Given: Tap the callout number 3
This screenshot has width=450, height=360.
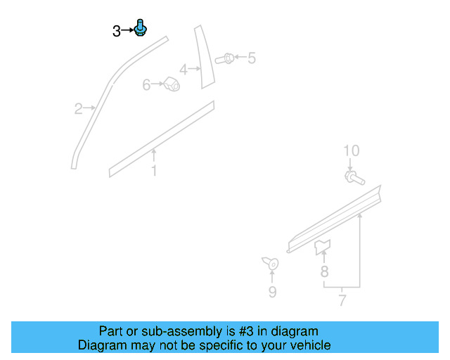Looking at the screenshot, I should coord(116,31).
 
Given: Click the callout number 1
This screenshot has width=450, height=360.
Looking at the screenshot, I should coord(154,171).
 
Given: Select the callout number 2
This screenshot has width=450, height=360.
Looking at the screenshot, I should coord(79,108).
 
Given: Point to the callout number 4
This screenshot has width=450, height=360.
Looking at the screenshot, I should coord(183,70).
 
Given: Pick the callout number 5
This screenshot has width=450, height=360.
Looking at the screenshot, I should coord(251,58).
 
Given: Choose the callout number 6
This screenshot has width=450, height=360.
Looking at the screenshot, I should coord(147,85).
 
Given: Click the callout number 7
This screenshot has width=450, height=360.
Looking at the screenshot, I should coord(342,301).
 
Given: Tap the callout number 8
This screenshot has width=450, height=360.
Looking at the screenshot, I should coord(324,271).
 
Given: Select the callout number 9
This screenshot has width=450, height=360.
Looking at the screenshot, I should coord(272,292).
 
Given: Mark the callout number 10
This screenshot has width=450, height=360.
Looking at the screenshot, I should coord(351,150).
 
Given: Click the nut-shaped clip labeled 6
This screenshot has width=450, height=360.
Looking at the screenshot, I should coord(171,84).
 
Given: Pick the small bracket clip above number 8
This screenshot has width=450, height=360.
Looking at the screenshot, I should coord(323,246).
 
